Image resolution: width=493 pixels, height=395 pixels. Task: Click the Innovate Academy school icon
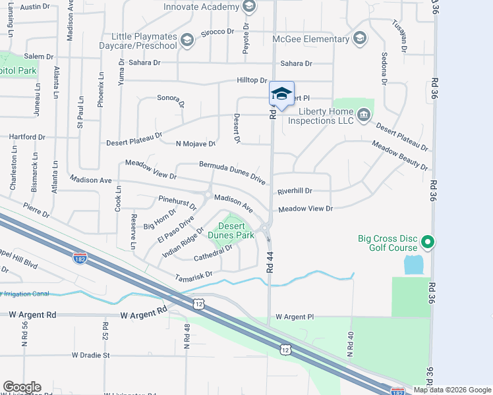(248, 7)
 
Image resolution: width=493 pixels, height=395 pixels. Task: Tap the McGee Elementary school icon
(359, 39)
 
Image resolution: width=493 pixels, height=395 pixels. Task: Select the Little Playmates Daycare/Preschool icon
(187, 41)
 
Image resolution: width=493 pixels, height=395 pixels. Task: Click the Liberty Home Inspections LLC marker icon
(363, 116)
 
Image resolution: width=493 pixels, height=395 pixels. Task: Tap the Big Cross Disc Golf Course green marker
(428, 243)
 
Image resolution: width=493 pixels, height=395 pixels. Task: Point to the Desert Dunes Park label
(231, 230)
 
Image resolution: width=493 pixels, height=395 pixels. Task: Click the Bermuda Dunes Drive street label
(233, 174)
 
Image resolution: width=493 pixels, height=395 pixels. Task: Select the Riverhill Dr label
(295, 191)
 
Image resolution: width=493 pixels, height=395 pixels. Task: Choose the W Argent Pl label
(294, 317)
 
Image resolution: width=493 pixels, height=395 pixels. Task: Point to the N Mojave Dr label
(196, 144)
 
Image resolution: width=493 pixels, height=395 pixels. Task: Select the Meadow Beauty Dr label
(399, 155)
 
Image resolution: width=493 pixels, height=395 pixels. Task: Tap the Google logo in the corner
(22, 387)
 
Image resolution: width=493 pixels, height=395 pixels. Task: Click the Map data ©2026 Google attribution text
(451, 390)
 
